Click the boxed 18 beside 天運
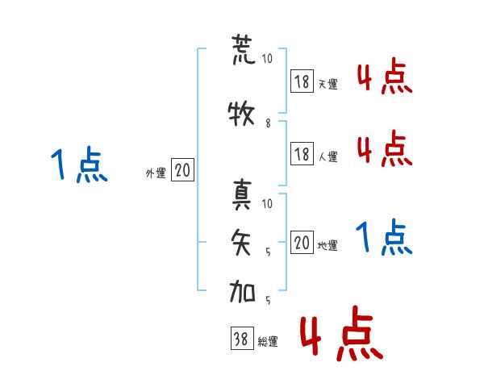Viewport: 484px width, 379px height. coord(302,81)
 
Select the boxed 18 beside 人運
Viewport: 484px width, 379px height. coord(302,154)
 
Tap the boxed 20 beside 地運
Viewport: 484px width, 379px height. coord(302,243)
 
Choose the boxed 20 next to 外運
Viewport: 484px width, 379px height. coord(182,170)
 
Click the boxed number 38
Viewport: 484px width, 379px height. coord(241,339)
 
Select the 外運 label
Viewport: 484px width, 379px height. coord(156,173)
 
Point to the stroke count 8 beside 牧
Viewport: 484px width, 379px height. coord(268,123)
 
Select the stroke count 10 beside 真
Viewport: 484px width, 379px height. coord(268,203)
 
